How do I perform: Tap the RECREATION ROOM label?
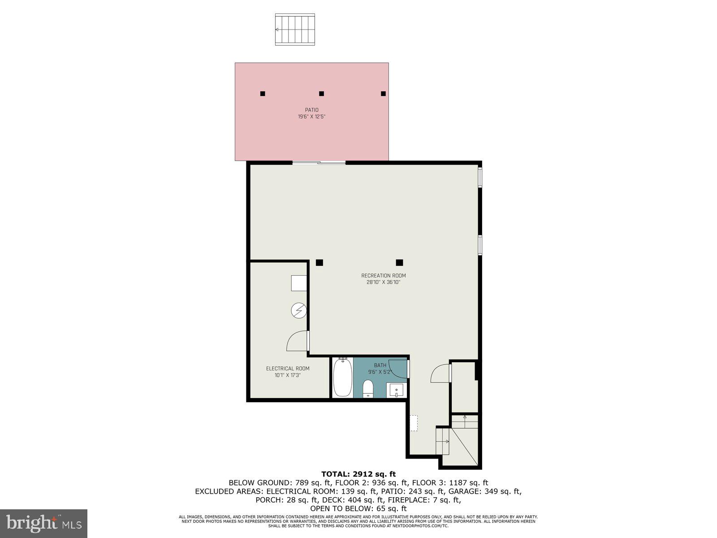coord(384,276)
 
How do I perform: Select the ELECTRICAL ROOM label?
coord(288,369)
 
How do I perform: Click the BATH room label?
coord(380,365)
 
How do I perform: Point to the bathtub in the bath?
coord(342,377)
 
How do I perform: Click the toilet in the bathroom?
coord(368,388)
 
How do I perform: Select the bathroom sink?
coord(397,390)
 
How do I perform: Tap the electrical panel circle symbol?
coord(298,310)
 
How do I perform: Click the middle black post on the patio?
coord(321,94)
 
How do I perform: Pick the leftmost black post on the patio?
coord(263,94)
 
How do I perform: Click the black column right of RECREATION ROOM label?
coord(399,263)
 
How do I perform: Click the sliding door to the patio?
coord(319,163)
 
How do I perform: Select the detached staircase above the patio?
coord(295,30)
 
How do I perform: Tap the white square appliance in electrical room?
coord(299,283)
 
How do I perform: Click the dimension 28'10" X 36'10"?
coord(383,282)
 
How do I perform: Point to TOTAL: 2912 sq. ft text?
coord(358,474)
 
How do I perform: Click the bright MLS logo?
coord(43,523)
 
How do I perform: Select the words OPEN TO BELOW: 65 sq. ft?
coord(358,508)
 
